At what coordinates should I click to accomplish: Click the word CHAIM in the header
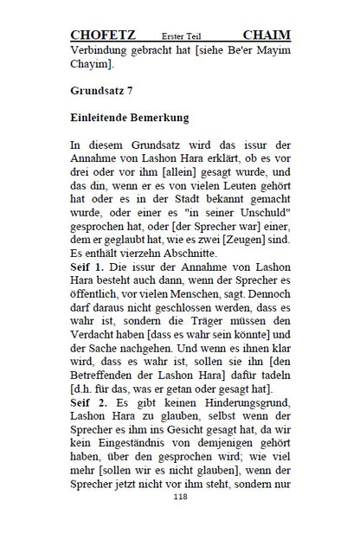click(x=267, y=35)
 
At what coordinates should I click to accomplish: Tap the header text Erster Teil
click(x=184, y=36)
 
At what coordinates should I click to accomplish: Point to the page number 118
click(x=180, y=522)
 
